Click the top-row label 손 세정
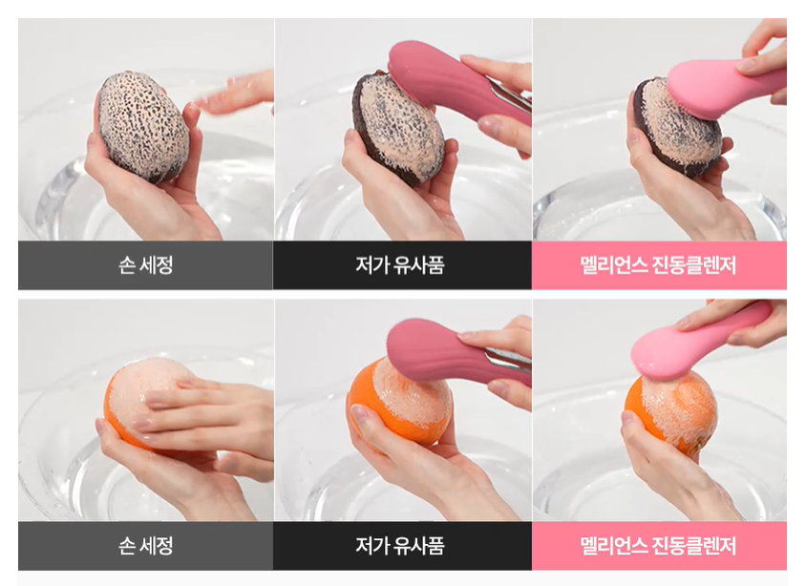point(145,265)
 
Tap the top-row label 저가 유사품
point(399,265)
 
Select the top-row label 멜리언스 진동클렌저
point(658,265)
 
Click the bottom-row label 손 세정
point(145,545)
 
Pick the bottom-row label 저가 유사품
point(399,545)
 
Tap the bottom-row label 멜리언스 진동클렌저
point(658,545)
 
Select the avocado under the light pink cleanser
point(676,129)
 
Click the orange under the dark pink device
point(400,406)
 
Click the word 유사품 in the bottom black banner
point(419,545)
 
